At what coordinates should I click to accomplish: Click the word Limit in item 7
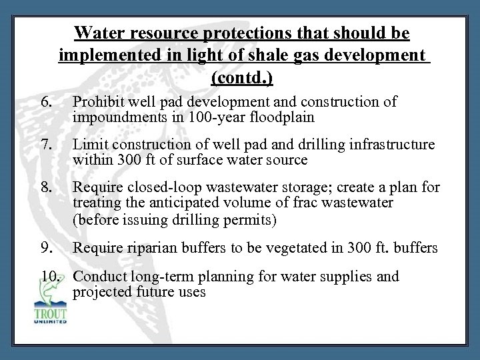[x=90, y=145]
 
